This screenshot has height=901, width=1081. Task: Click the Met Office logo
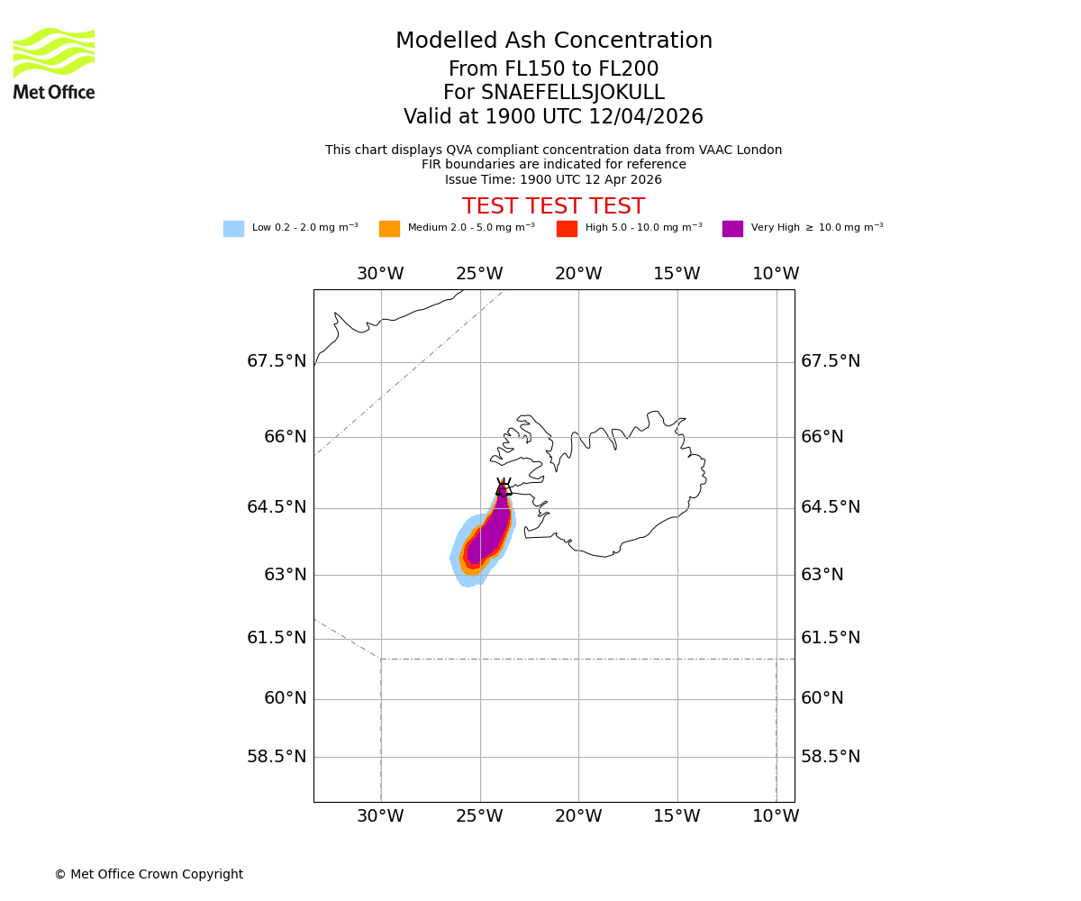pos(54,63)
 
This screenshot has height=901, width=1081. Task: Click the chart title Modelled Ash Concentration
pos(554,41)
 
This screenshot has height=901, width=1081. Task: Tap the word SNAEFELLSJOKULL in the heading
pos(573,93)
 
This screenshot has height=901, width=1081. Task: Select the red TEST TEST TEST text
pos(553,207)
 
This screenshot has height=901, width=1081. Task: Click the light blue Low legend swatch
pos(233,229)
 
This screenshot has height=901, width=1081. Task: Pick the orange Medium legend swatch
pos(389,229)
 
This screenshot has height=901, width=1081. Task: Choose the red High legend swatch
pos(567,229)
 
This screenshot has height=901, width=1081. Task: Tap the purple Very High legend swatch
pos(732,229)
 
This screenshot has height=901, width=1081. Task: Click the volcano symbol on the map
pos(504,487)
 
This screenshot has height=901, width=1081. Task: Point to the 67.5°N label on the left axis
pos(277,361)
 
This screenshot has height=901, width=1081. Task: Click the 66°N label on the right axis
pos(822,437)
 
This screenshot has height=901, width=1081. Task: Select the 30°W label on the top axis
pos(380,274)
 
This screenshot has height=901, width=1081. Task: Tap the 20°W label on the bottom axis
pos(578,816)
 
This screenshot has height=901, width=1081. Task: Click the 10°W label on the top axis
pos(776,274)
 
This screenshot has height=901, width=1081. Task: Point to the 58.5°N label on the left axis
pos(277,757)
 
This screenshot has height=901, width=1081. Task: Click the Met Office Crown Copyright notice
pos(149,875)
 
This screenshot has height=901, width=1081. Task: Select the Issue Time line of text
pos(553,179)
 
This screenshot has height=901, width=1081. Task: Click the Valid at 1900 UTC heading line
pos(553,117)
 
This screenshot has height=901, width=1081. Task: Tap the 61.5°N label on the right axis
pos(831,638)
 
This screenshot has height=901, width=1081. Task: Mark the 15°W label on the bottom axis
pos(677,816)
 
